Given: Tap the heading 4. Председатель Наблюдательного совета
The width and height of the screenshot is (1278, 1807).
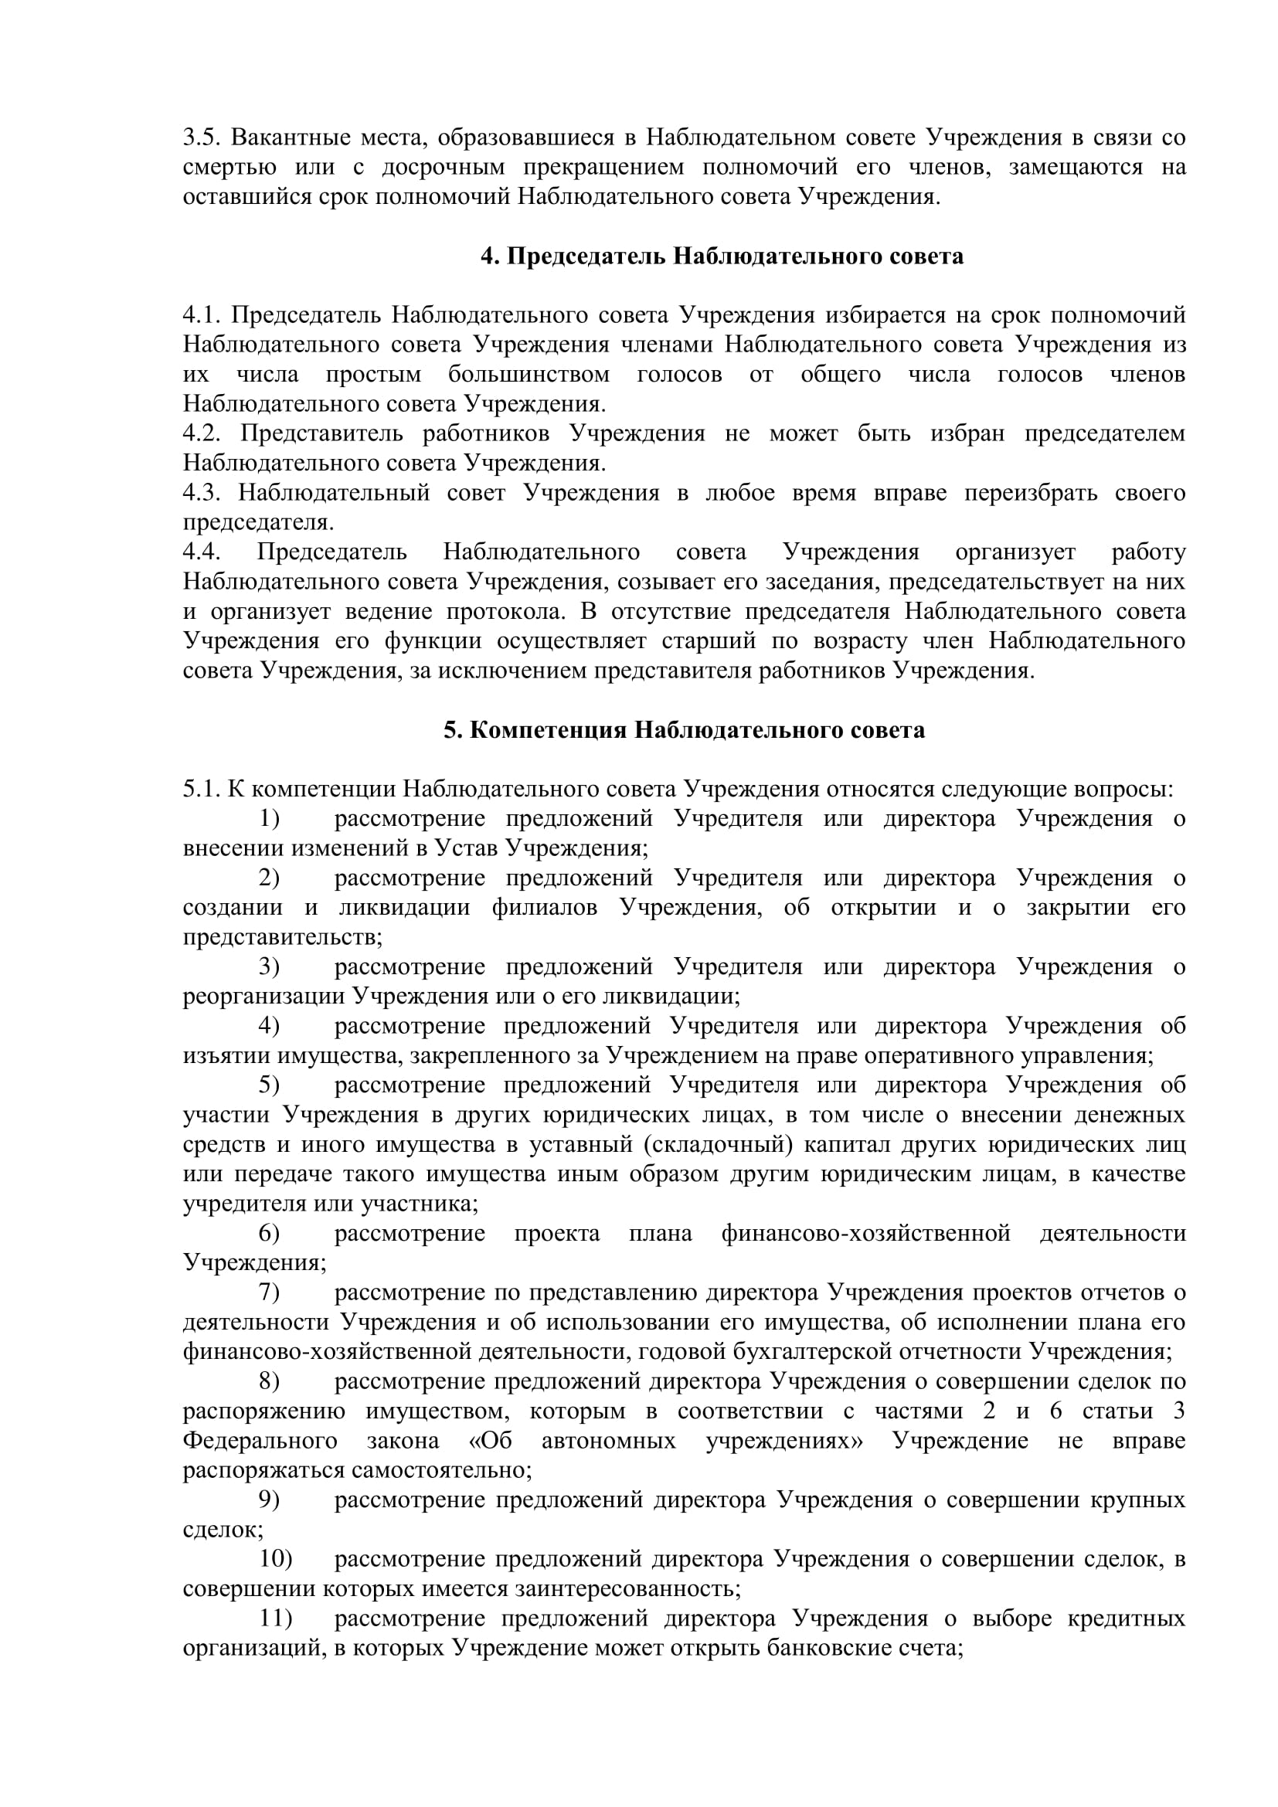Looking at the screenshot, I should (x=722, y=256).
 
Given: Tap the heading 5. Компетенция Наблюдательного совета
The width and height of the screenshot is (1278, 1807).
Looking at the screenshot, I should (x=684, y=730).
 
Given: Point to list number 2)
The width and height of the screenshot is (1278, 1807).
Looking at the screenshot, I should (x=269, y=878).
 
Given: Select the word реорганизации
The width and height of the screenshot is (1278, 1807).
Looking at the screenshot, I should (x=264, y=997).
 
